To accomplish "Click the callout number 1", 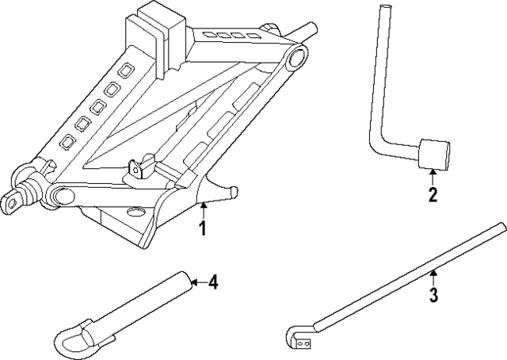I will (x=203, y=229).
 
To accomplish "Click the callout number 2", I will (x=433, y=195).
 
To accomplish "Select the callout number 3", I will (x=433, y=297).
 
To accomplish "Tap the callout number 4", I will (x=212, y=283).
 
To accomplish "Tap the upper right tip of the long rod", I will (x=501, y=228).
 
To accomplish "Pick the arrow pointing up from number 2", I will (x=433, y=176).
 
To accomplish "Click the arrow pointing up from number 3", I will (x=433, y=278).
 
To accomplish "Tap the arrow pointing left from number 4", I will (x=198, y=282).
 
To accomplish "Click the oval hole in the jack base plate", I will (x=133, y=212).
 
